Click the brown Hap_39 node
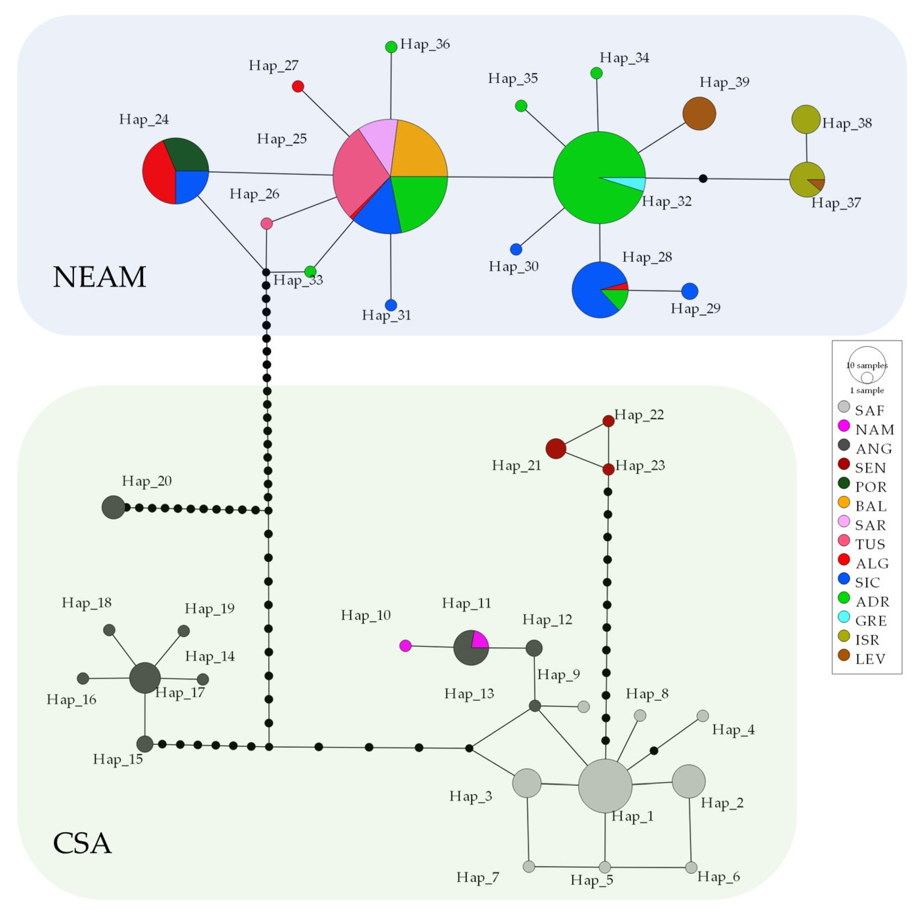[x=699, y=114]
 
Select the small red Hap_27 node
[x=297, y=86]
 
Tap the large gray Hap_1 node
[x=605, y=785]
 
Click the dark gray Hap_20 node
[x=113, y=507]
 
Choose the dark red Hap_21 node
[x=555, y=448]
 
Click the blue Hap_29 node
[x=689, y=291]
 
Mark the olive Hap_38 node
[x=805, y=119]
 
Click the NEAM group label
[x=99, y=277]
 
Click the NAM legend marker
[x=844, y=425]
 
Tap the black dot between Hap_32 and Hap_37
[x=703, y=178]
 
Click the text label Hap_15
[x=118, y=759]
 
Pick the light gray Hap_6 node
[x=691, y=867]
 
